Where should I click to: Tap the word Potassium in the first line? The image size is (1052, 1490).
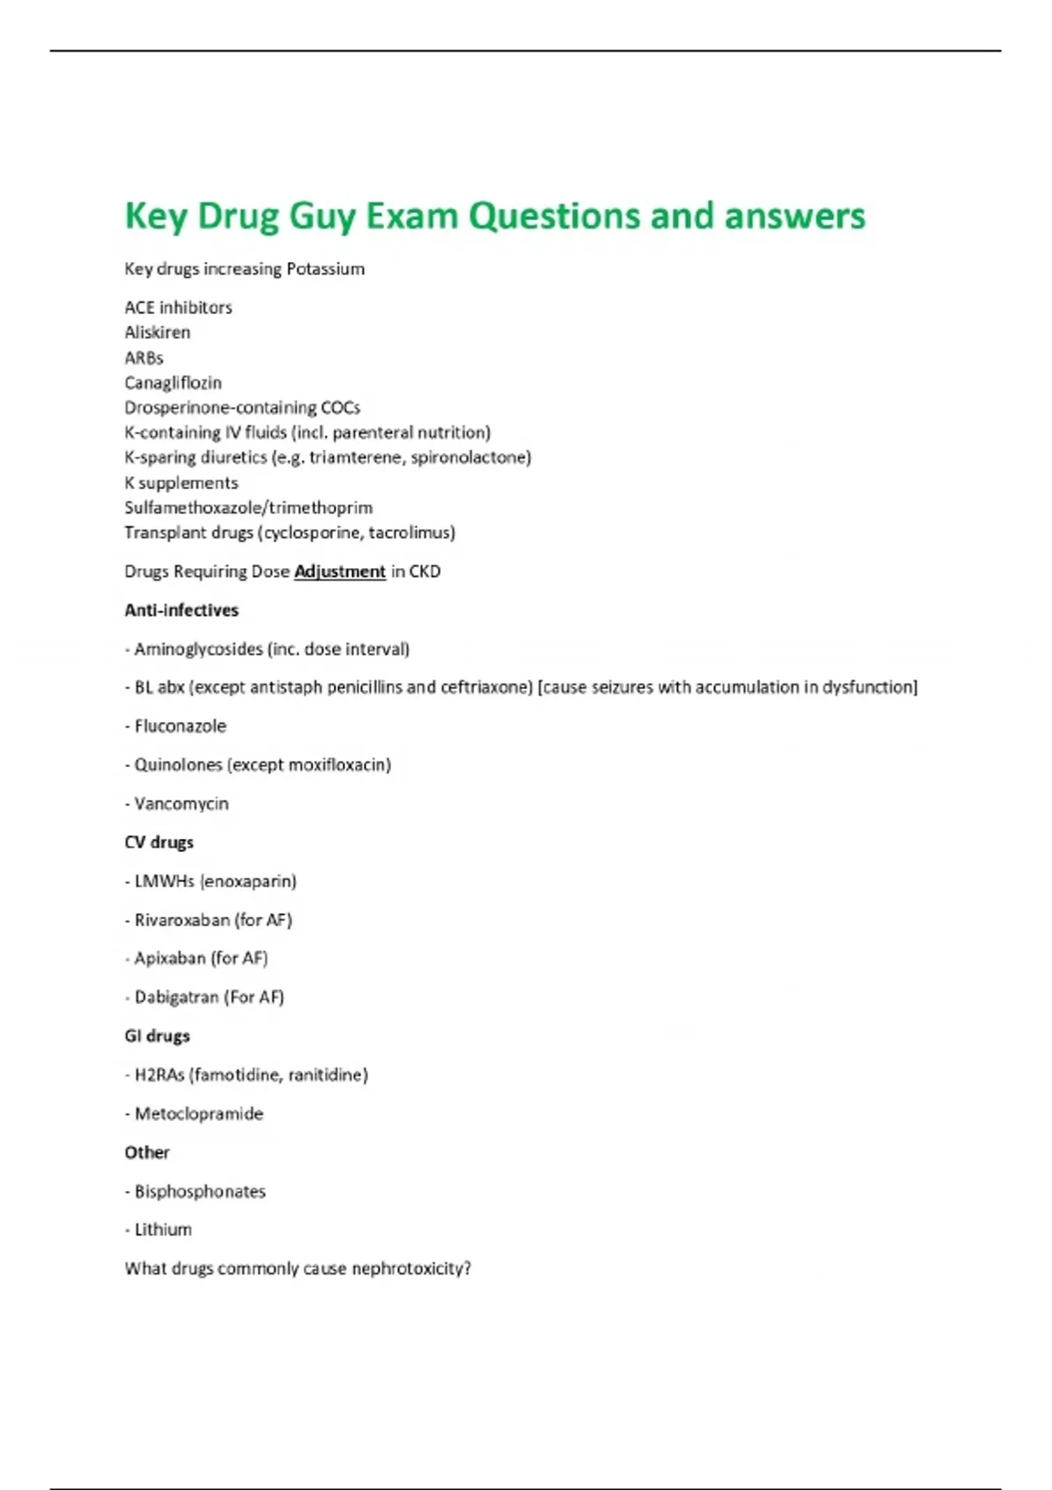tap(325, 269)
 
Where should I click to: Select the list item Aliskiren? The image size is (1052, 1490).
tap(157, 332)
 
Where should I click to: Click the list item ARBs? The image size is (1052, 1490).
tap(144, 358)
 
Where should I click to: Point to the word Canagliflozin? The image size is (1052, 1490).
tap(173, 383)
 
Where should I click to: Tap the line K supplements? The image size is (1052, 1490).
tap(181, 483)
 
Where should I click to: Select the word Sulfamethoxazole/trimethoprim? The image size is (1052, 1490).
tap(248, 507)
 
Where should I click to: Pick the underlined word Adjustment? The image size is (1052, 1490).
tap(339, 571)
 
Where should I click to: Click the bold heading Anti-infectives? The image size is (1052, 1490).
tap(181, 610)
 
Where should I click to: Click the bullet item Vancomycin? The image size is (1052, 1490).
tap(181, 804)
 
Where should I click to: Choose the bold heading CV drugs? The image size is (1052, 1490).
tap(159, 842)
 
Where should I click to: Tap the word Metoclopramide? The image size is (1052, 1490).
tap(198, 1114)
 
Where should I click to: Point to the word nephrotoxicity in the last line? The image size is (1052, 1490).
tap(410, 1269)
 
